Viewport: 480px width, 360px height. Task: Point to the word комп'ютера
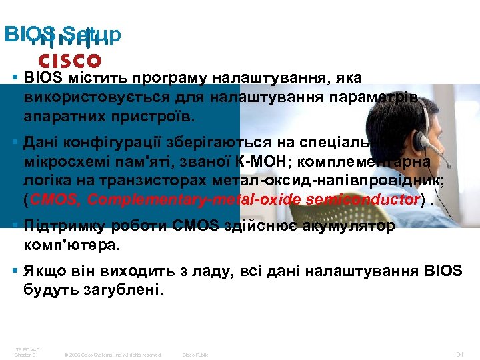73,245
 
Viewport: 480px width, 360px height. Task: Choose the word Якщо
41,271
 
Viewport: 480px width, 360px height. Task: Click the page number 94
459,354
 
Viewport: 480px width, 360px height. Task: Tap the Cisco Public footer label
195,355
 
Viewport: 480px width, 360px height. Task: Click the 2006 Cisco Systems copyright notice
111,355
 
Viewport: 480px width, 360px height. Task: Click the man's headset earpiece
422,141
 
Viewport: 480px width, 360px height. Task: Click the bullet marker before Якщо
16,271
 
